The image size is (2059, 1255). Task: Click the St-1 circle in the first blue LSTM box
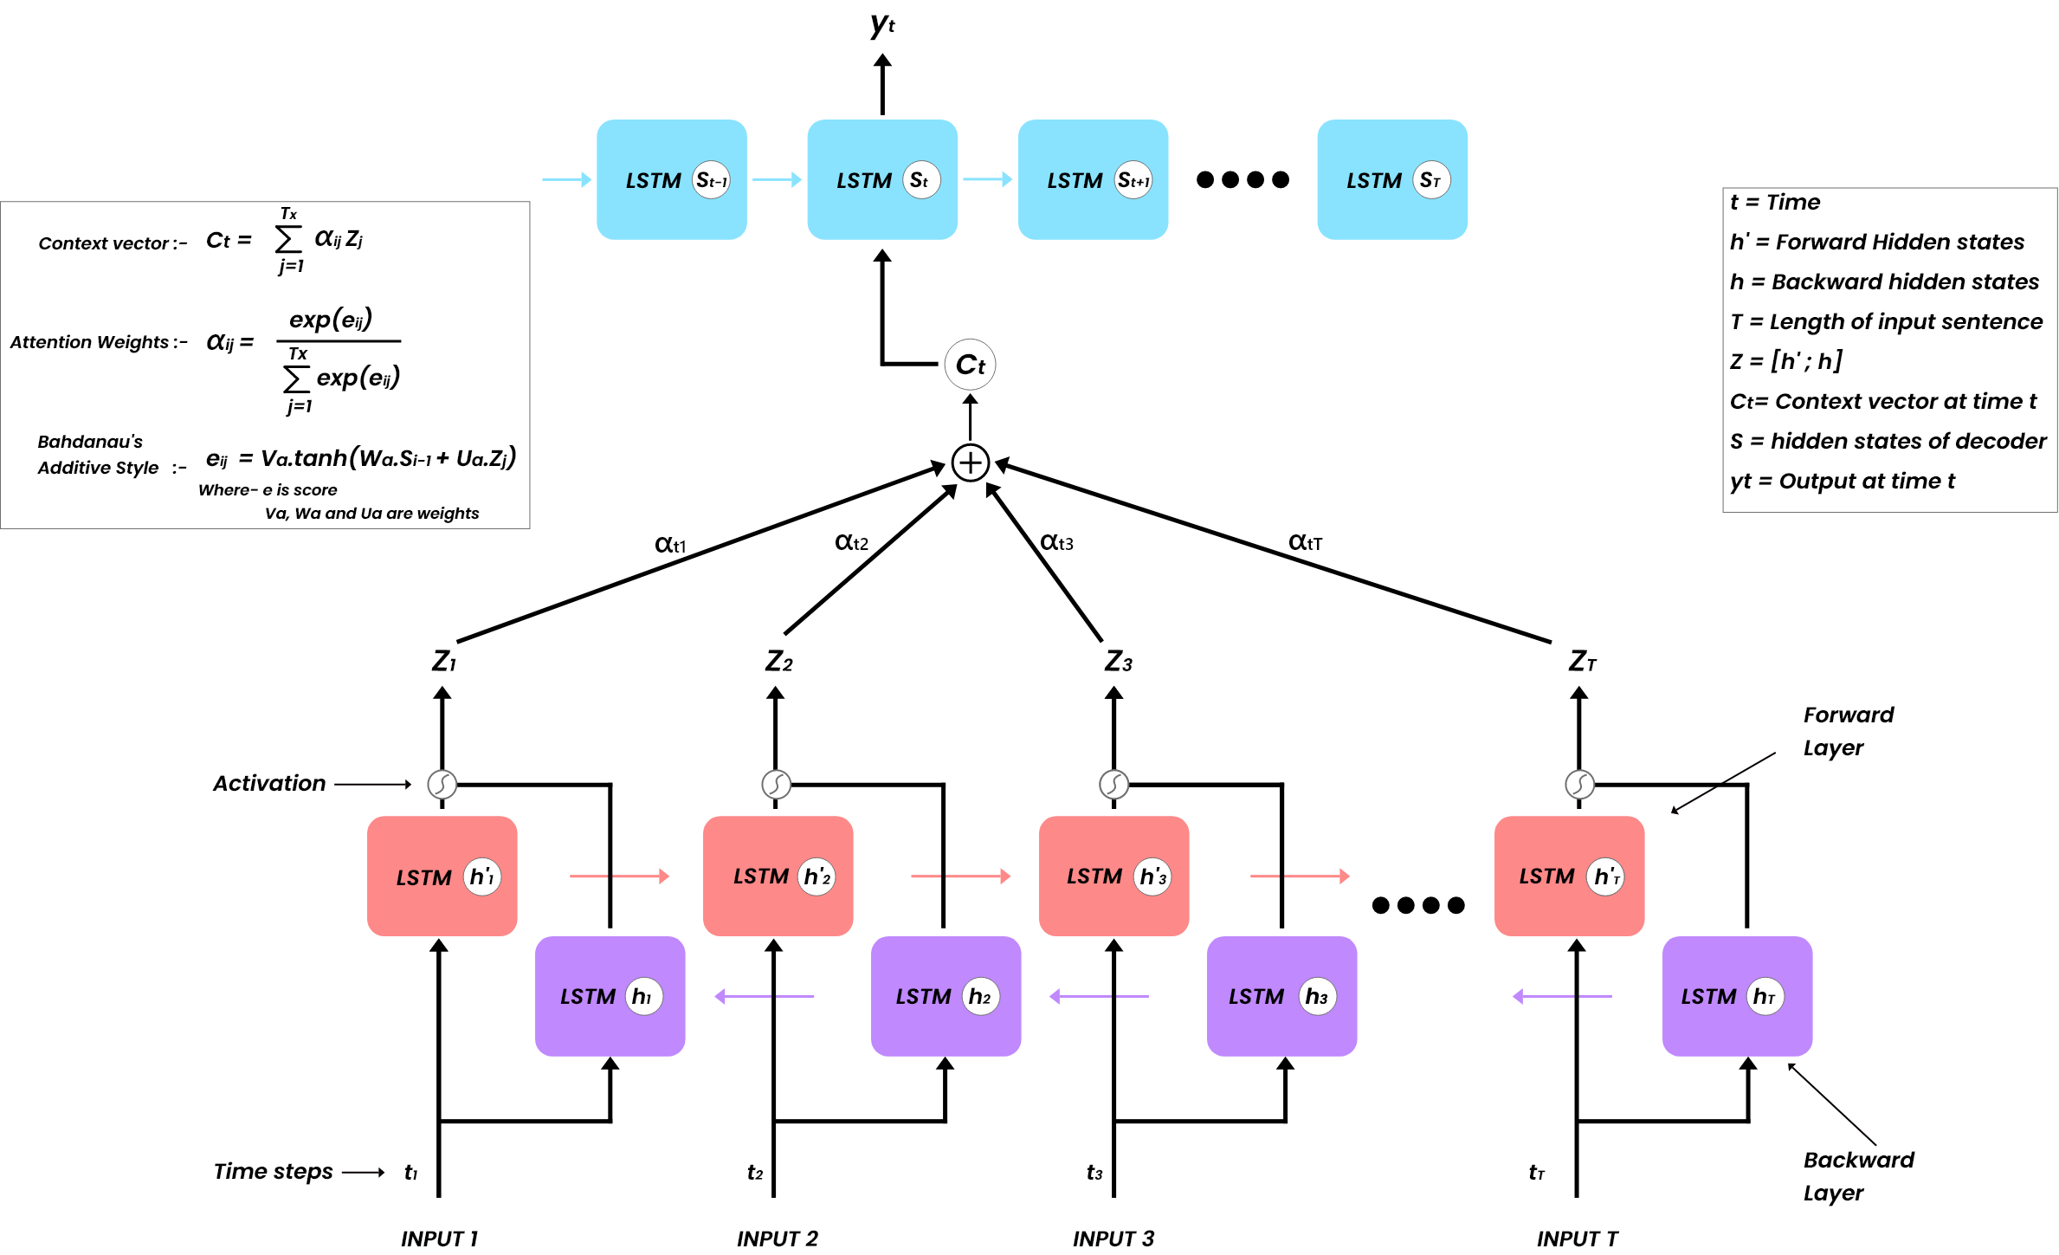click(712, 180)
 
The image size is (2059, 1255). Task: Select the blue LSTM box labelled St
click(881, 180)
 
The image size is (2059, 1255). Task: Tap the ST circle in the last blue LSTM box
click(1430, 180)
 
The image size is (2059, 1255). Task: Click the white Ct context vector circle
click(970, 365)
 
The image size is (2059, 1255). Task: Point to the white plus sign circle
click(970, 463)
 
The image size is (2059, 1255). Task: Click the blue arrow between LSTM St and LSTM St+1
click(987, 179)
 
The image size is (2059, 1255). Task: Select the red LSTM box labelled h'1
click(442, 876)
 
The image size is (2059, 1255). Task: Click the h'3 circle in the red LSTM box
click(1152, 877)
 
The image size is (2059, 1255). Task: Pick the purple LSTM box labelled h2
click(946, 996)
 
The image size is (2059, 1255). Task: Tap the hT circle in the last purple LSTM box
click(1765, 996)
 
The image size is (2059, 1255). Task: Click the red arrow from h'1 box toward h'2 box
click(619, 877)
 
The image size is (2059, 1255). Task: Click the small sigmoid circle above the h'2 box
click(776, 784)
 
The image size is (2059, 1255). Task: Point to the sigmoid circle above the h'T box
click(1579, 784)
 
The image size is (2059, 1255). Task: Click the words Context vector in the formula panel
click(104, 243)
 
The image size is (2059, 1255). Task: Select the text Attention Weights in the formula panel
click(89, 342)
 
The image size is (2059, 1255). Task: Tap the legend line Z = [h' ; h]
click(1785, 361)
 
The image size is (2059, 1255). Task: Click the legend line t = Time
click(1774, 202)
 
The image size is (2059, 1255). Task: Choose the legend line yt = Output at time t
click(1842, 481)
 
